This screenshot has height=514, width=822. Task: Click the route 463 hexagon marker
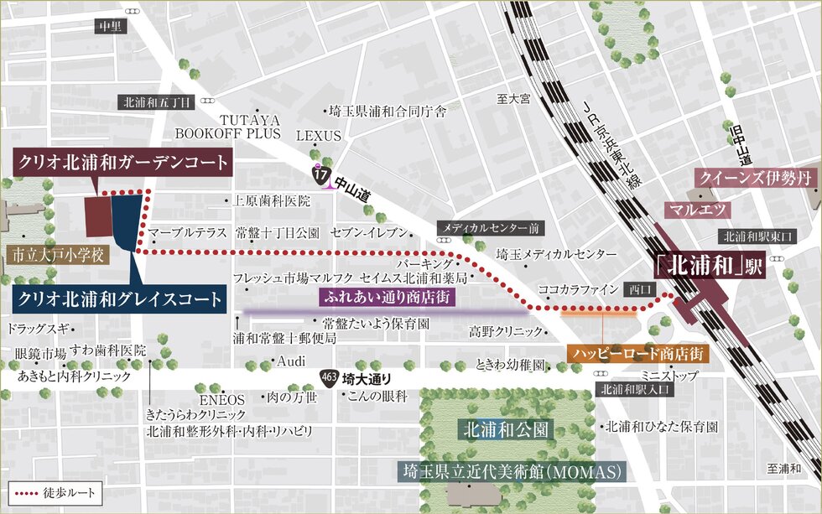(x=330, y=378)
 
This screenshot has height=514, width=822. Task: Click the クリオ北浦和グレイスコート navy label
(x=121, y=299)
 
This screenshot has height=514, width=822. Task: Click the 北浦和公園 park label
(x=507, y=430)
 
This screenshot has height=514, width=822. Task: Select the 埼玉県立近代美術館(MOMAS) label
(x=512, y=471)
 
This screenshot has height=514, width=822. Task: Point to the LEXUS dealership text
(x=319, y=136)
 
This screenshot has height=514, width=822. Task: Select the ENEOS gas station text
(x=221, y=399)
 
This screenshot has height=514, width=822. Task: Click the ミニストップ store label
(x=669, y=376)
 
